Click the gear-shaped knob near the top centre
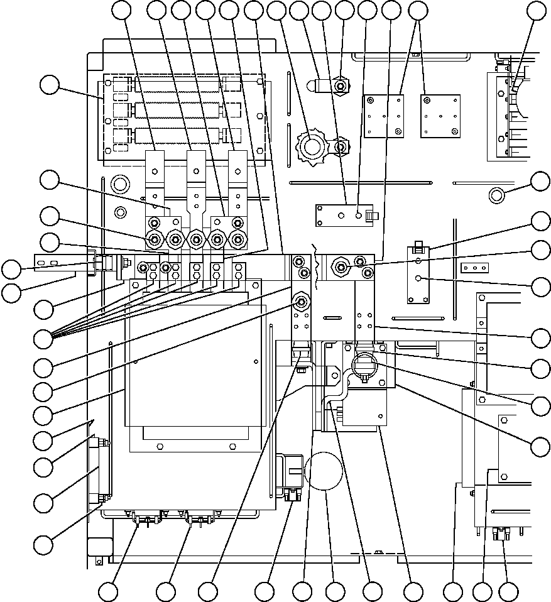click(310, 147)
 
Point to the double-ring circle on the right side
click(496, 194)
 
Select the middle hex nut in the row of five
click(196, 239)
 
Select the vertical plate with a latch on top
click(418, 273)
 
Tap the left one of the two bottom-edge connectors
click(143, 518)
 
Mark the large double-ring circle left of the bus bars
click(118, 184)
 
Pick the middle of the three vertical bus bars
click(195, 179)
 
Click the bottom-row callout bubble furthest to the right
click(508, 591)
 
